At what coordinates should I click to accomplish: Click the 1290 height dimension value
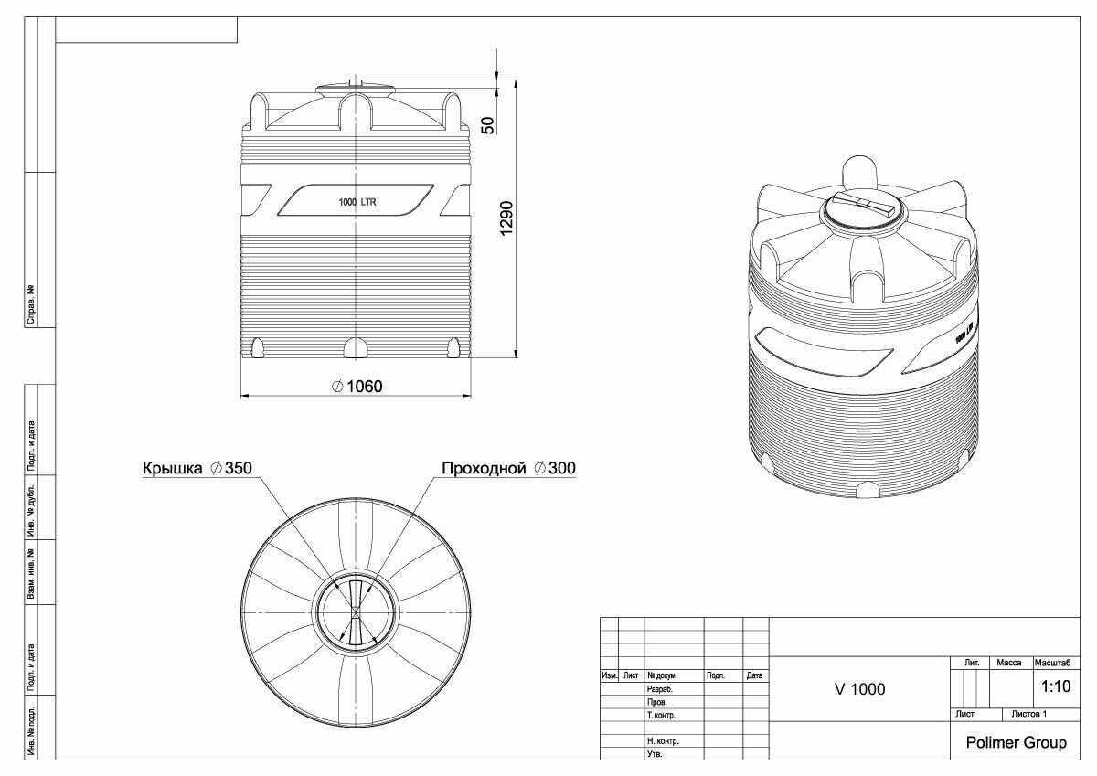tap(506, 218)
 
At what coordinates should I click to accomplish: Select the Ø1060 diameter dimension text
tap(357, 387)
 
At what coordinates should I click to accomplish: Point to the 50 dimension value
tap(488, 125)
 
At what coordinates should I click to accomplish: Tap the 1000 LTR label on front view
tap(357, 202)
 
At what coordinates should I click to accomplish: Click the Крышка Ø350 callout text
tap(197, 468)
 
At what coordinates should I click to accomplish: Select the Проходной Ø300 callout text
tap(508, 468)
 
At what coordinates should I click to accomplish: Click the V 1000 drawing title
tap(860, 689)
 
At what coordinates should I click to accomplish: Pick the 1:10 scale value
tap(1056, 686)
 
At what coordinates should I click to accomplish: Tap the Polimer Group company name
tap(1017, 743)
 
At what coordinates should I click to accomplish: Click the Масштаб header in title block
tap(1052, 663)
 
